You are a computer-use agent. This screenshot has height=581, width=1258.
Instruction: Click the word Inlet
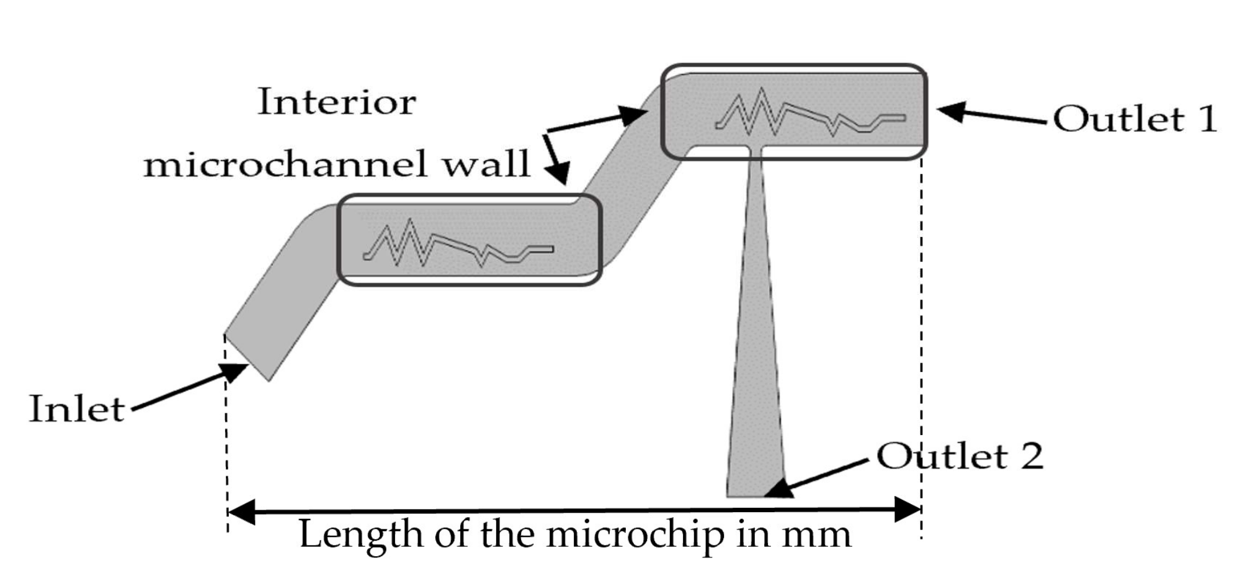[x=77, y=410]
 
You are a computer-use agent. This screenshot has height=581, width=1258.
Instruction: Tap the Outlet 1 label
[x=1135, y=119]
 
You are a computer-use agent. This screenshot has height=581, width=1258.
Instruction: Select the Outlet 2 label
[x=960, y=456]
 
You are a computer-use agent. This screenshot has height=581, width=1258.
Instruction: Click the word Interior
[x=336, y=102]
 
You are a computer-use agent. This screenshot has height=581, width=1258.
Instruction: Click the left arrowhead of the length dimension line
[x=241, y=511]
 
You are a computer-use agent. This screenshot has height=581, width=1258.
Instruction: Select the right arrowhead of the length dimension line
[x=908, y=510]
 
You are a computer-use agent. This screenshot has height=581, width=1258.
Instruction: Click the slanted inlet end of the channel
[x=247, y=358]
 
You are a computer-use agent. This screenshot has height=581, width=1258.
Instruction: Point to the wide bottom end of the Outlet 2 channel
[x=756, y=490]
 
